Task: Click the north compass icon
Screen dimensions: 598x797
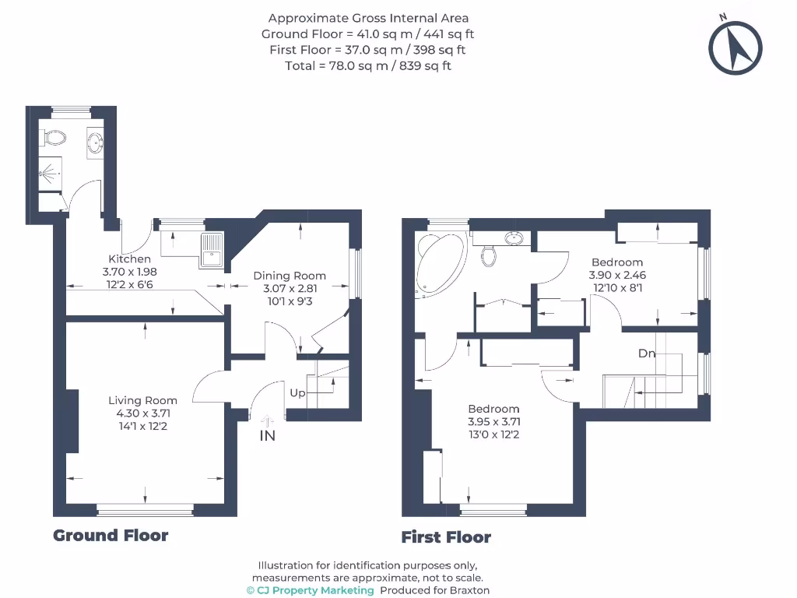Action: click(735, 46)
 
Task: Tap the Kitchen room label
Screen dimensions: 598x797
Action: click(129, 259)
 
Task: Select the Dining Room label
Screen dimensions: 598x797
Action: click(290, 276)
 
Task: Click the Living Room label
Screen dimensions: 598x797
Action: click(142, 401)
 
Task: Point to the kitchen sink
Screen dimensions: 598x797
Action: click(210, 250)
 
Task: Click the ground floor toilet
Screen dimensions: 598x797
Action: click(54, 139)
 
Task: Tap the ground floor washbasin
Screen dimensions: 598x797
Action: click(96, 142)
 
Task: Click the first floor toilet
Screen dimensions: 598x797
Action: click(489, 255)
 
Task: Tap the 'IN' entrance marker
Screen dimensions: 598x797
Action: click(267, 435)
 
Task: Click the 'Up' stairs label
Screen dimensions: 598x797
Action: click(297, 393)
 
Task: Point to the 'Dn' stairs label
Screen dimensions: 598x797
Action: click(647, 354)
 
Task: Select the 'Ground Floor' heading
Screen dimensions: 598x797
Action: click(111, 536)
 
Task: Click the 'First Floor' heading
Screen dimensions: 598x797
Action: click(446, 537)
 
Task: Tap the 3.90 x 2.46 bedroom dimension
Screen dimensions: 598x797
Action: click(617, 275)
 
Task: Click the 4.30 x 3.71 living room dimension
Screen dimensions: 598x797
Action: click(142, 413)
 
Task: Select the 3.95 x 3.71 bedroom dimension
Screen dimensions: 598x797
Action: click(493, 422)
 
